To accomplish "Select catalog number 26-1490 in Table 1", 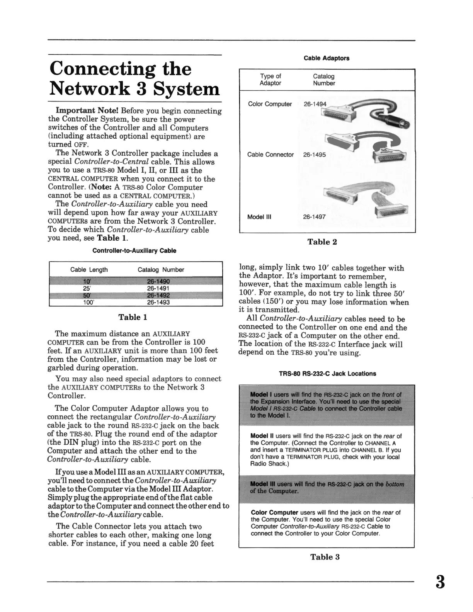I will coord(158,281).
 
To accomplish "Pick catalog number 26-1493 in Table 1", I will coord(158,303).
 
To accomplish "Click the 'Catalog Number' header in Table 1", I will coord(161,270).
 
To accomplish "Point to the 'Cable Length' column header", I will coord(89,270).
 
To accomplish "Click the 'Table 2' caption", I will coord(322,242).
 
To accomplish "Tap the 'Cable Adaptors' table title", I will coord(327,58).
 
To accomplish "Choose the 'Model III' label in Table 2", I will coord(259,217).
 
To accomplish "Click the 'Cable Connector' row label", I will coord(271,155).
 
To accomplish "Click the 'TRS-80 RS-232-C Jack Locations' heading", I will coord(327,374).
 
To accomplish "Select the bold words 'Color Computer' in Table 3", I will coord(274,513).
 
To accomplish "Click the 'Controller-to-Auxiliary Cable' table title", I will coord(134,251).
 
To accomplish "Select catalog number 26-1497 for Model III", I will coord(315,217).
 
